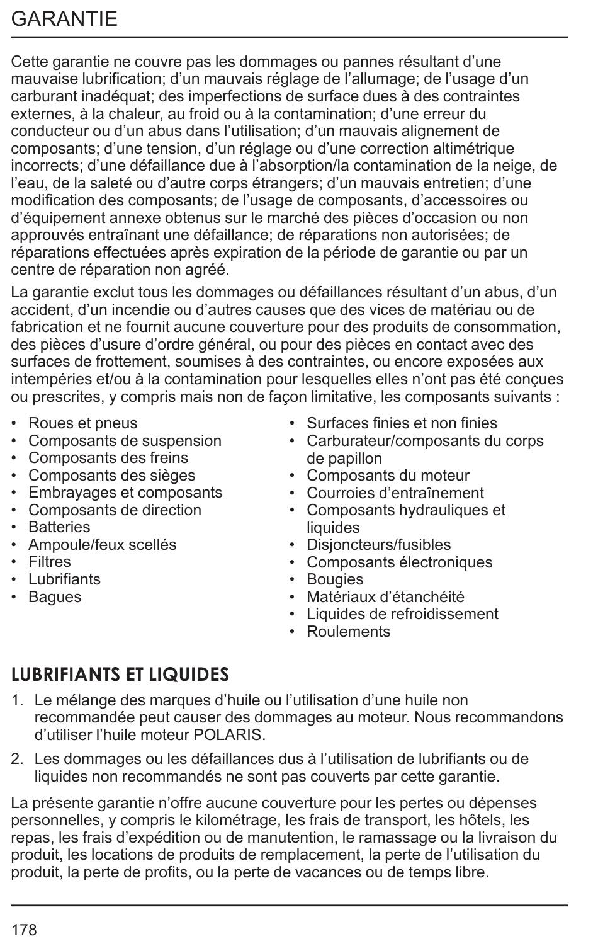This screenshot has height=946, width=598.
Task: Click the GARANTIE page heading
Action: point(64,18)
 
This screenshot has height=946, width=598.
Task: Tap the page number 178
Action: point(24,930)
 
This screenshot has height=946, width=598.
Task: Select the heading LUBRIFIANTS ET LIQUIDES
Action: point(120,675)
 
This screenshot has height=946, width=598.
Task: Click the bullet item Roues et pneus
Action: point(82,423)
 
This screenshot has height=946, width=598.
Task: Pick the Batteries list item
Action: point(59,527)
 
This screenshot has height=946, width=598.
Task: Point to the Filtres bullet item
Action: point(50,562)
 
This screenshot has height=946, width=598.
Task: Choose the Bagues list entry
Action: point(55,597)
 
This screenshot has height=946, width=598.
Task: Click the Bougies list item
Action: point(335,579)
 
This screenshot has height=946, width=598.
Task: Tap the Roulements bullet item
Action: point(348,632)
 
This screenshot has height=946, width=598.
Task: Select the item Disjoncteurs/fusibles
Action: point(378,545)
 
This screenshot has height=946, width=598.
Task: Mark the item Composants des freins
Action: point(108,458)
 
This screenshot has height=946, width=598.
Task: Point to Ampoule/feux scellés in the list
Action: point(102,545)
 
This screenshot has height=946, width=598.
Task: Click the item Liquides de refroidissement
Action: point(402,614)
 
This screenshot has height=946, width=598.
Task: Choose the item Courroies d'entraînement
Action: point(395,493)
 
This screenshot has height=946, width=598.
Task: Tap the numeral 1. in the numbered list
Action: point(18,700)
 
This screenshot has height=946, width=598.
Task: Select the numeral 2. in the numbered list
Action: point(18,759)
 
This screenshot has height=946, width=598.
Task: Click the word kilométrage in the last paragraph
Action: point(240,821)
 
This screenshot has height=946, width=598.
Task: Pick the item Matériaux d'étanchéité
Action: point(385,597)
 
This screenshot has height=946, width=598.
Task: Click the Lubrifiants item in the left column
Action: point(64,579)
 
